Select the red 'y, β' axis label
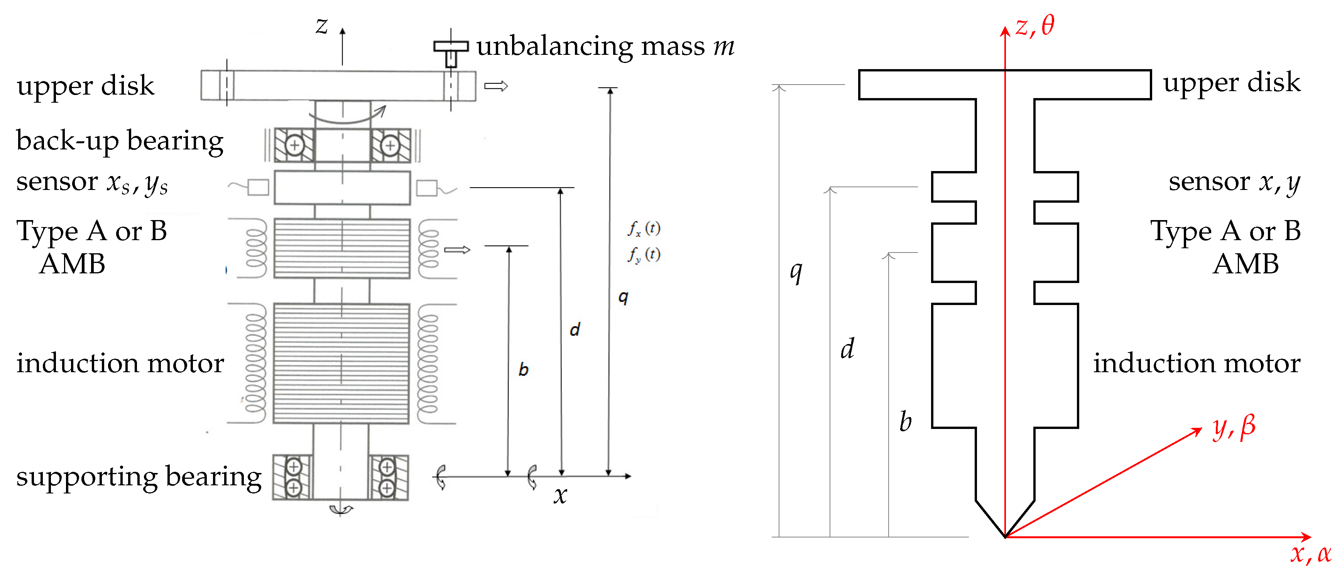click(x=1234, y=427)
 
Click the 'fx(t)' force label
click(x=644, y=228)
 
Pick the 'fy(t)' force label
click(x=644, y=254)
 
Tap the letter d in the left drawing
click(x=575, y=329)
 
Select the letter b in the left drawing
click(x=524, y=370)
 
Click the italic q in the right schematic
click(x=796, y=271)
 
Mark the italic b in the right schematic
click(x=906, y=421)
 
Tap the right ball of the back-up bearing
click(x=390, y=146)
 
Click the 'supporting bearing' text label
click(x=139, y=476)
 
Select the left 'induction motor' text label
click(x=120, y=363)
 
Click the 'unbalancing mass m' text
click(x=605, y=46)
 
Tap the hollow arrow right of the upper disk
click(x=495, y=86)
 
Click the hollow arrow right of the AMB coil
click(x=457, y=250)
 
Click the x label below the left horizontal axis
click(x=560, y=495)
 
